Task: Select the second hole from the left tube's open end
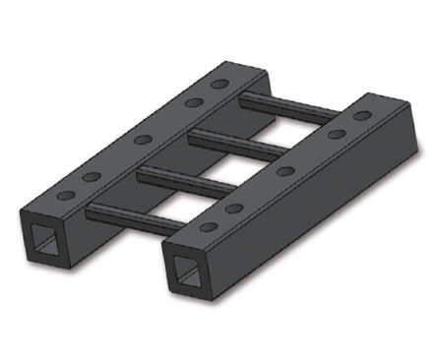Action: [92, 176]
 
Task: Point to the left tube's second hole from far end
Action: [194, 101]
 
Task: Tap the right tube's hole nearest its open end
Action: [209, 227]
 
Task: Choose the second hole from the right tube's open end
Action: [234, 209]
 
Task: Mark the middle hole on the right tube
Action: [285, 171]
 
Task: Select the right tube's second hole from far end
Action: [336, 134]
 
